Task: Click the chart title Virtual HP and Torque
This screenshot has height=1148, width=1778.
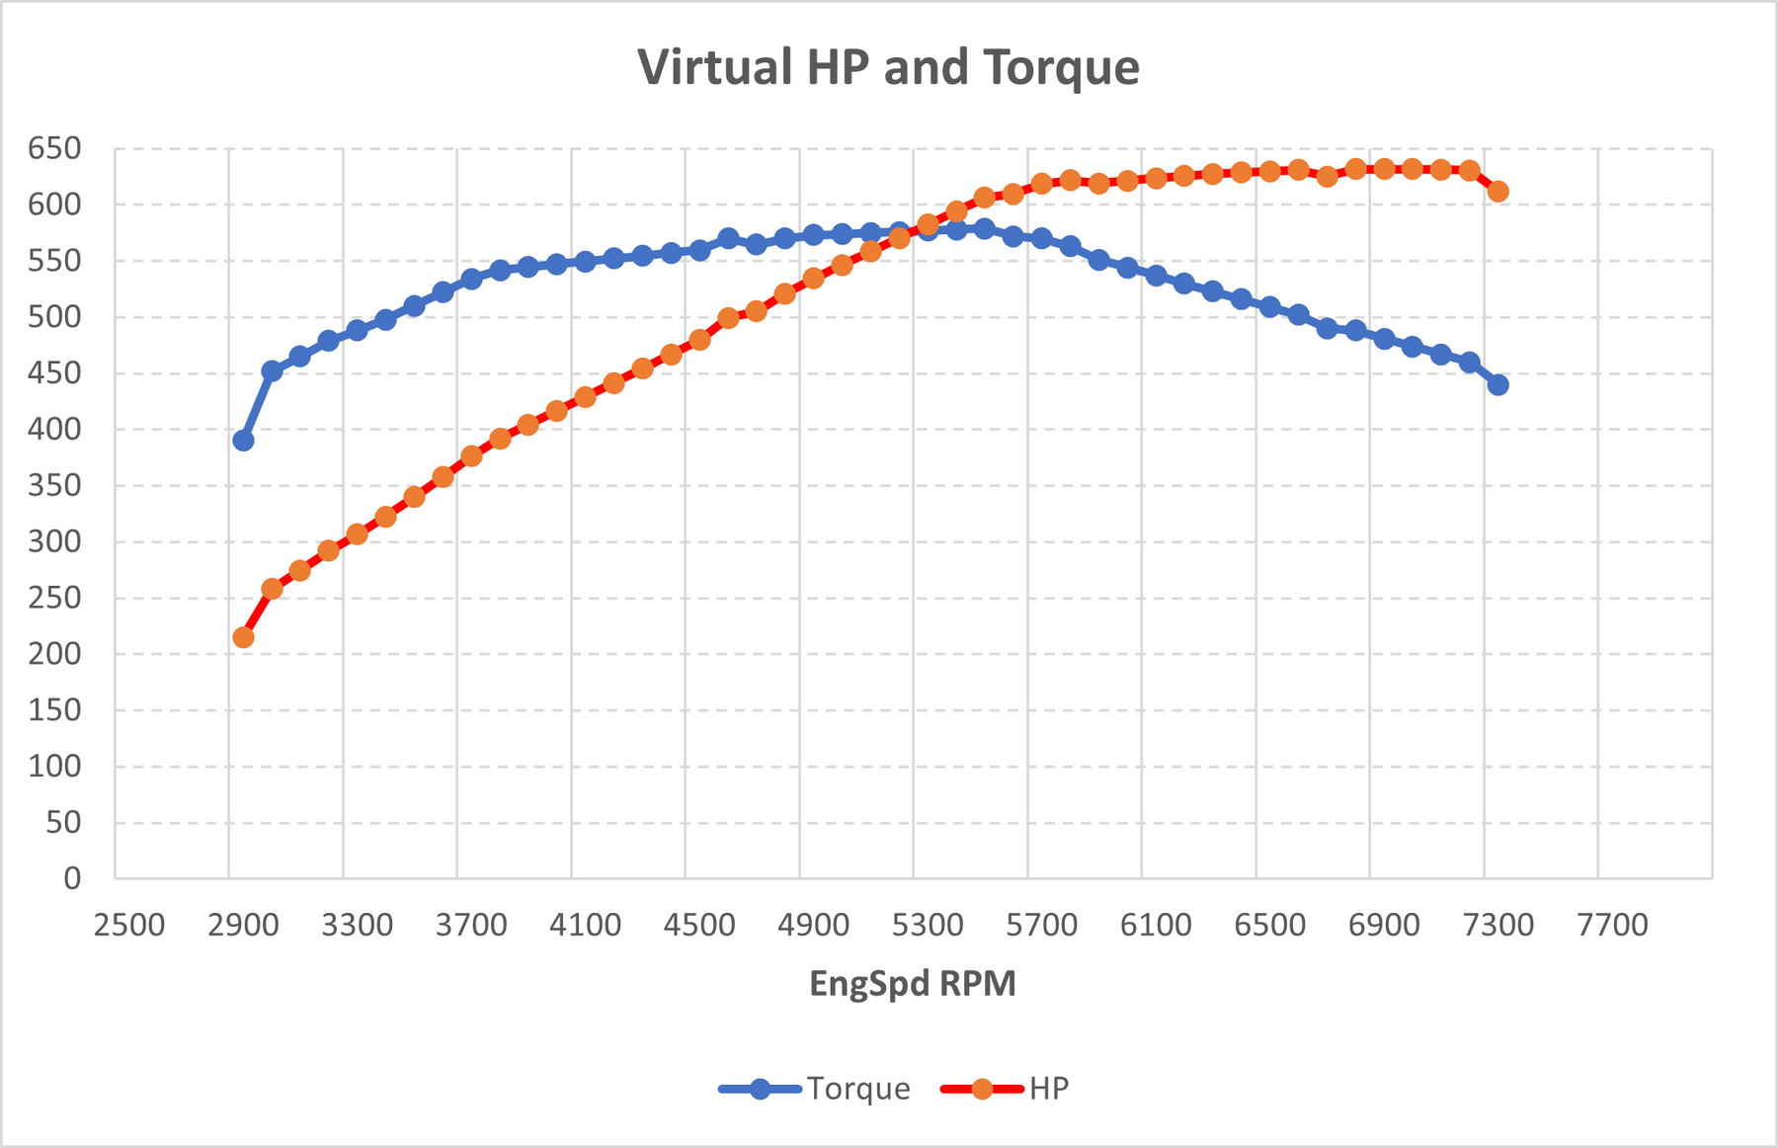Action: pyautogui.click(x=888, y=68)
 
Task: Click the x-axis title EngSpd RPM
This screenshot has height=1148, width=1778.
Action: pyautogui.click(x=913, y=984)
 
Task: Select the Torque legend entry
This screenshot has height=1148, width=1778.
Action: pyautogui.click(x=815, y=1089)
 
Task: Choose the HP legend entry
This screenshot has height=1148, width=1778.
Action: pyautogui.click(x=1006, y=1089)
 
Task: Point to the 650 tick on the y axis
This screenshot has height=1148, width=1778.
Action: pyautogui.click(x=54, y=149)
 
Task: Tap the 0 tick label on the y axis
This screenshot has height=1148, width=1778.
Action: pyautogui.click(x=72, y=878)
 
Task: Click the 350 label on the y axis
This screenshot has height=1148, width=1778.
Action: pyautogui.click(x=54, y=486)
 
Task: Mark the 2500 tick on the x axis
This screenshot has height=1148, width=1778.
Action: pyautogui.click(x=129, y=926)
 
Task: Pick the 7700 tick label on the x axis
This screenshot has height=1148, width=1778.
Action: pyautogui.click(x=1613, y=926)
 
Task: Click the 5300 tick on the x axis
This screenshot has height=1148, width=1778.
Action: pyautogui.click(x=928, y=926)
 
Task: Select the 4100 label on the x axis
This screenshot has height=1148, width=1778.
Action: pyautogui.click(x=586, y=926)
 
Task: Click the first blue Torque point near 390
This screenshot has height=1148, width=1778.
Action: pyautogui.click(x=243, y=441)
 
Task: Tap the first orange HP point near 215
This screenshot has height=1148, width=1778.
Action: pyautogui.click(x=243, y=637)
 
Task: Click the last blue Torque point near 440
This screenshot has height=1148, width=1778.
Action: pyautogui.click(x=1498, y=384)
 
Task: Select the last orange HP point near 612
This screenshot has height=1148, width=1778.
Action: pyautogui.click(x=1498, y=192)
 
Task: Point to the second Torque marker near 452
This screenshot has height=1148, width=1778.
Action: pyautogui.click(x=272, y=371)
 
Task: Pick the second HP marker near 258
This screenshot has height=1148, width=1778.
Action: pyautogui.click(x=272, y=589)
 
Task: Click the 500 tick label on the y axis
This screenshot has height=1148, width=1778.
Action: pyautogui.click(x=54, y=317)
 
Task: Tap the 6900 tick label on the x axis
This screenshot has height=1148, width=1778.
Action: pyautogui.click(x=1385, y=926)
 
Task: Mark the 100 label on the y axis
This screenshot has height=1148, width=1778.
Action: pyautogui.click(x=54, y=766)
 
